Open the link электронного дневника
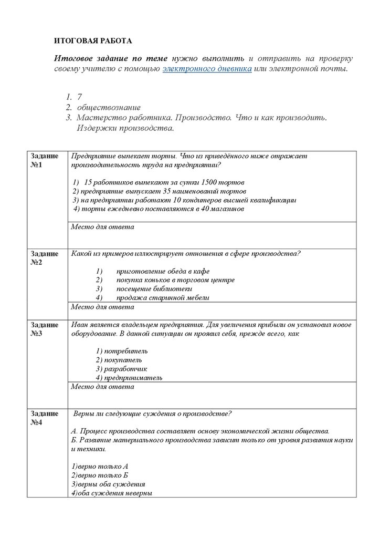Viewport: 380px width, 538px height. click(207, 69)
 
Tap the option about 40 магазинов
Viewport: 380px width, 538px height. click(159, 209)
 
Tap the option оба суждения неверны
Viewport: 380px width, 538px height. click(111, 493)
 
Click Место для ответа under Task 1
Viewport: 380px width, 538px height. click(102, 227)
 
